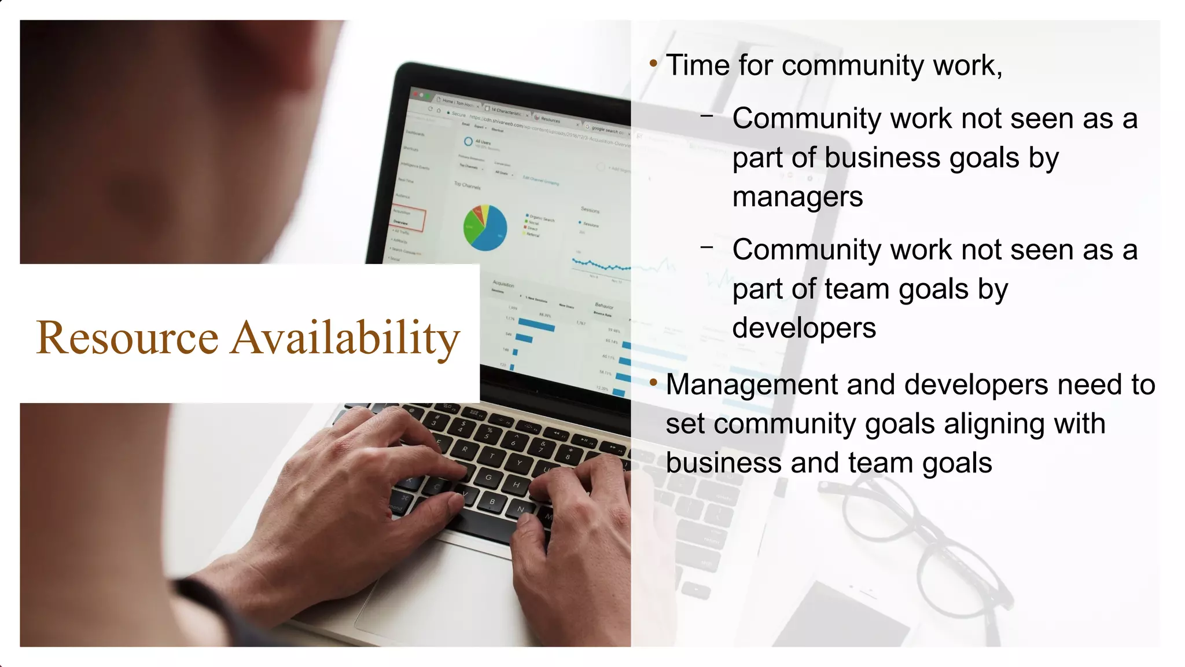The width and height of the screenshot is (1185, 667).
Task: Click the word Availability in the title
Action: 345,338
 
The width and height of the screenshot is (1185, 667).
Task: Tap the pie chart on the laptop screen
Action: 485,228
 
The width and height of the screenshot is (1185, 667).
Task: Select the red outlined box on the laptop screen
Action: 409,218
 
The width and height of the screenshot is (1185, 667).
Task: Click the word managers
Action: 797,197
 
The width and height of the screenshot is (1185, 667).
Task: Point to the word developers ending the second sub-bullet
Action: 804,328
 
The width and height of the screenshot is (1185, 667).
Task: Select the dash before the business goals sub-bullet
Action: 706,116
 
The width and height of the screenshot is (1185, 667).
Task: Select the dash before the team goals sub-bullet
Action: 706,248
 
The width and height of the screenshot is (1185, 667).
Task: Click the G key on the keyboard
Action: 489,478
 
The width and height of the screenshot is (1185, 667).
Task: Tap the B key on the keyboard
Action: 492,502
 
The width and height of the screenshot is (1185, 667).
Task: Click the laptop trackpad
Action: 440,585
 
